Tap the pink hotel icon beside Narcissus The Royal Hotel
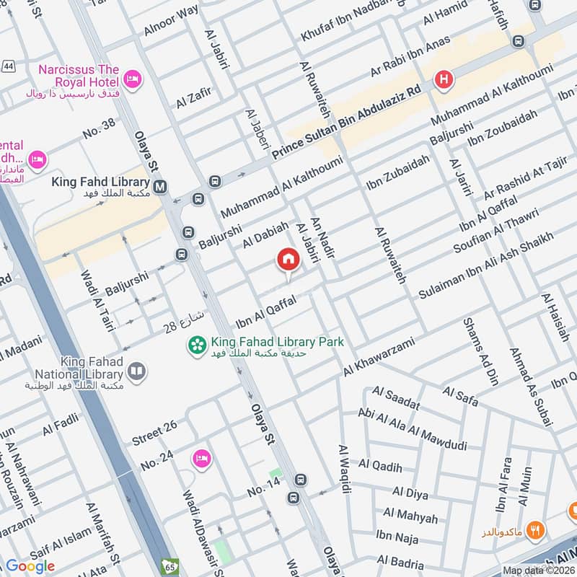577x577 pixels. [131, 79]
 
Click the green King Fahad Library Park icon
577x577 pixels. [196, 346]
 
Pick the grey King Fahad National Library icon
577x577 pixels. [136, 371]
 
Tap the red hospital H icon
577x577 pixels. [441, 79]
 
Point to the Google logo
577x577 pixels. [30, 566]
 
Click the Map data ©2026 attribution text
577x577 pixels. [538, 571]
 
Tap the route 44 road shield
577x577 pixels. [9, 66]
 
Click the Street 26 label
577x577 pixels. [154, 432]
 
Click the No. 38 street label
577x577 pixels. [99, 129]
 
